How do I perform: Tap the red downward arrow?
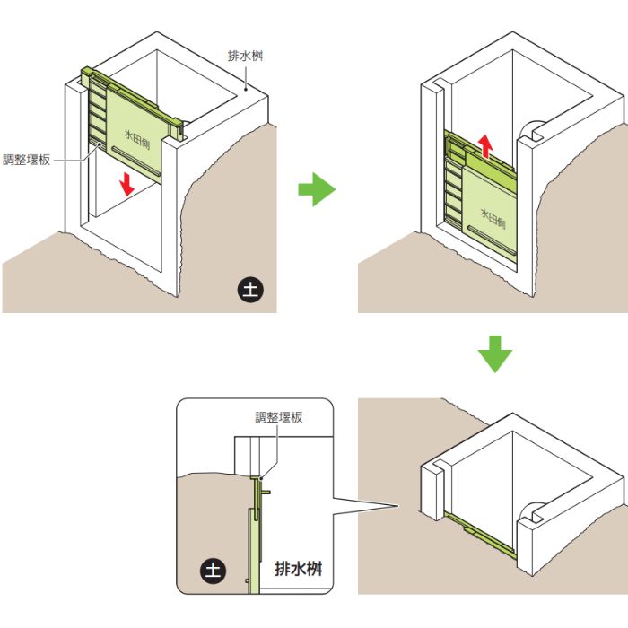[x=127, y=183]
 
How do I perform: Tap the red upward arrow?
[x=485, y=144]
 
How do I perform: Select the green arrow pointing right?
[x=315, y=189]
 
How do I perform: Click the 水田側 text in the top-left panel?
[x=137, y=142]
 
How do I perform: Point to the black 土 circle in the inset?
[x=213, y=569]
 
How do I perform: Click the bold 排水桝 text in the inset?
[x=298, y=569]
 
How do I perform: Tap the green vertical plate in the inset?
[x=254, y=547]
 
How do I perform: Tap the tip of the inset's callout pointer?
[x=396, y=506]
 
